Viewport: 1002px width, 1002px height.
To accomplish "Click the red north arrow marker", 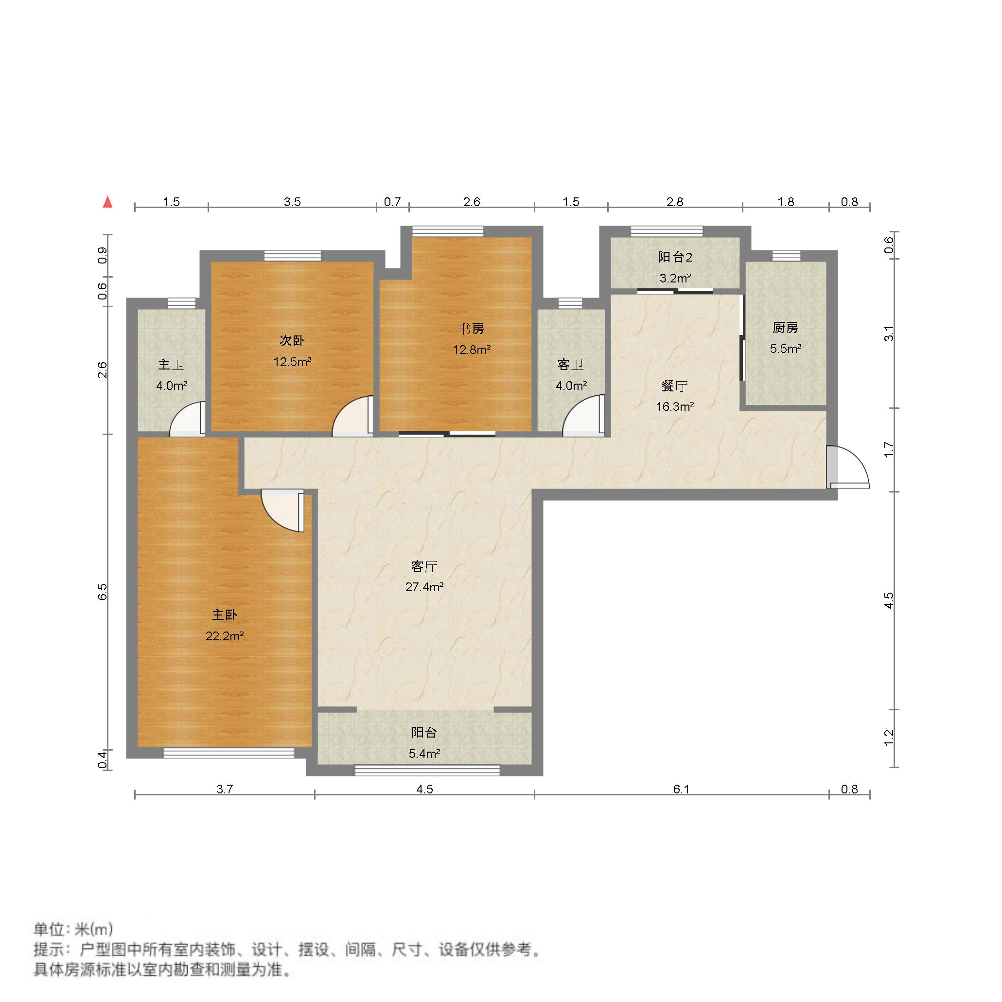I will coord(108,202).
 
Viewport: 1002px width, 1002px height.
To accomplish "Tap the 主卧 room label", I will coord(224,615).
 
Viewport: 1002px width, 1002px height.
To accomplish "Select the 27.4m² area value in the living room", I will coord(424,587).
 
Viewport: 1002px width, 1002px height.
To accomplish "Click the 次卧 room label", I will coord(292,341).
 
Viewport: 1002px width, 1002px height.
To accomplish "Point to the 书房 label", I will coord(472,328).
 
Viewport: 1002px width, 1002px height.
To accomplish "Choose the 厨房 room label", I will coord(785,328).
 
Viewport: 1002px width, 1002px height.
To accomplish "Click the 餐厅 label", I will coord(674,386).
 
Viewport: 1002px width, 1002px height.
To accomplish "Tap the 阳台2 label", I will coord(675,257).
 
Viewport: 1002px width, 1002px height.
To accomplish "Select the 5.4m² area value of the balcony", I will coord(424,754).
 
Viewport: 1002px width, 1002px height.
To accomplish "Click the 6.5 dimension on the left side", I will coord(103,592).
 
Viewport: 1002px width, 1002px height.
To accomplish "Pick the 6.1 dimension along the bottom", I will coord(681,790).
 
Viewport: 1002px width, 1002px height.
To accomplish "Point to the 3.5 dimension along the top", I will coord(292,202).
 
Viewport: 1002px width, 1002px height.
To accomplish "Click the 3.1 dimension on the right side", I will coord(889,333).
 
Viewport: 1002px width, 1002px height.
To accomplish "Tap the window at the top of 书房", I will coord(448,231).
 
